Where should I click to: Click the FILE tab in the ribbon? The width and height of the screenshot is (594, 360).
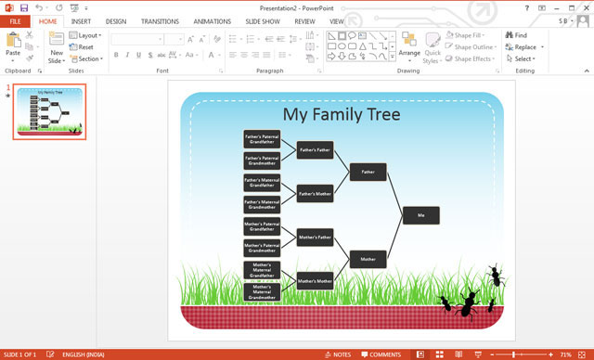(x=15, y=20)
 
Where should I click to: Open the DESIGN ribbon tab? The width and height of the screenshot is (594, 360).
(x=116, y=20)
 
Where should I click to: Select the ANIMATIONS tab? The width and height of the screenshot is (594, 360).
(x=213, y=20)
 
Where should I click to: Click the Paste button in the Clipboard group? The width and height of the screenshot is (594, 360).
(x=13, y=45)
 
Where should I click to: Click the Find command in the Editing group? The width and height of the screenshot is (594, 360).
(x=515, y=35)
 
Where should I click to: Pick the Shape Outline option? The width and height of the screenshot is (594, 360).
(x=473, y=46)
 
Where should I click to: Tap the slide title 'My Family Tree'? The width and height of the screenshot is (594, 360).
(x=342, y=114)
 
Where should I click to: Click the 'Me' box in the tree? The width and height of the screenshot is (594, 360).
(x=420, y=215)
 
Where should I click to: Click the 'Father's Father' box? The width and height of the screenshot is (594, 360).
(x=315, y=149)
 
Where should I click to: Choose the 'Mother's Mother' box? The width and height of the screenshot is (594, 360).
(x=315, y=280)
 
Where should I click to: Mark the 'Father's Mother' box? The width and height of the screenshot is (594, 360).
(x=315, y=193)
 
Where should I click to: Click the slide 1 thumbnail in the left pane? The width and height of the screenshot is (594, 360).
(x=49, y=113)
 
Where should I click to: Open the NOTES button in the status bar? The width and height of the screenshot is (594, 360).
(x=338, y=354)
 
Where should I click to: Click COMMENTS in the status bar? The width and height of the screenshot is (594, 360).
(x=381, y=354)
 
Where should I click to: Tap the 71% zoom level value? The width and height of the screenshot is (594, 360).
(x=566, y=354)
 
